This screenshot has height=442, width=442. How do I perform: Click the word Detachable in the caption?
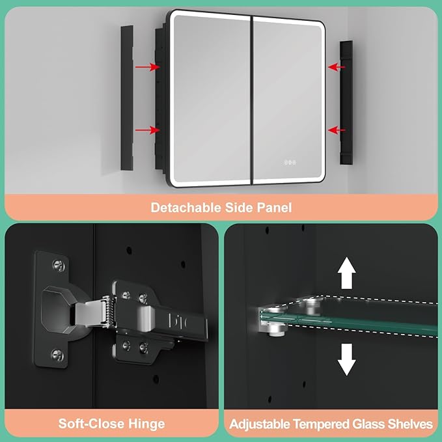pos(186,208)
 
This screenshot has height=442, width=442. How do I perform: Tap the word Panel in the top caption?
pos(274,208)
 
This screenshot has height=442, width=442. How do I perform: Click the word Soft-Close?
pos(92,424)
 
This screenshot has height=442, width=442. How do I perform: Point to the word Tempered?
pos(321,424)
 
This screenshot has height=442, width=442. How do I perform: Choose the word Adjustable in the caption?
pos(260,424)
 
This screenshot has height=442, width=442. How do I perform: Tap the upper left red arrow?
pos(147,67)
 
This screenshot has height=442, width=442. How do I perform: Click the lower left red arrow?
pos(147,130)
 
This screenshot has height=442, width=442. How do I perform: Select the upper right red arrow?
pos(337,67)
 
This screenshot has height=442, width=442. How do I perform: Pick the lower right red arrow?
pos(337,130)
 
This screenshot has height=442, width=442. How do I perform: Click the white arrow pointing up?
pos(347,273)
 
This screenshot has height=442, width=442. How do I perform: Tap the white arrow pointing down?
pos(347,359)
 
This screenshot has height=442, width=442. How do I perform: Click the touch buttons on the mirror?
pos(290,162)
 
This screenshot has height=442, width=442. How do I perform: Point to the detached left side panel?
pos(127,98)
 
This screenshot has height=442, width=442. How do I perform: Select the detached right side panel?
pos(346,103)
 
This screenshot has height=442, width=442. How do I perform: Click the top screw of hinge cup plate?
pos(59,266)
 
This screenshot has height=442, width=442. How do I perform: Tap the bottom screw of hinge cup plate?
pos(57,355)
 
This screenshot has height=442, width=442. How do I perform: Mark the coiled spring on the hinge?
pos(107,311)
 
